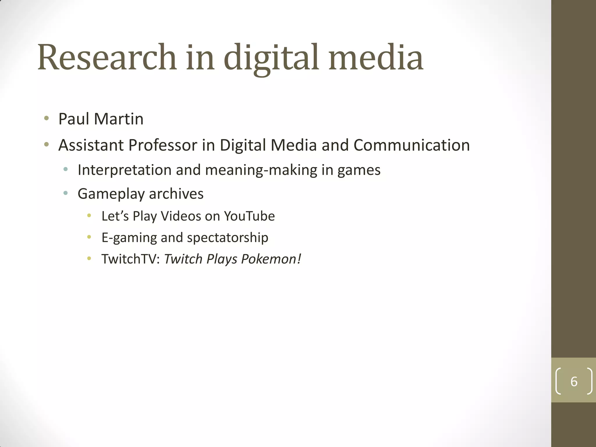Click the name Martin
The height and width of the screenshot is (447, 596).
[x=119, y=119]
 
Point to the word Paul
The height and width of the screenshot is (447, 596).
[x=74, y=119]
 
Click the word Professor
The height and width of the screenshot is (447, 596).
[x=163, y=145]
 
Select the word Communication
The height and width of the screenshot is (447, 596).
[x=411, y=145]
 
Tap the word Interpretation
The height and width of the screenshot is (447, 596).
[x=125, y=170]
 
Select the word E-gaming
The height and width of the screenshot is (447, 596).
[x=129, y=238]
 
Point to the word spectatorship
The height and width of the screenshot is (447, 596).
[x=228, y=238]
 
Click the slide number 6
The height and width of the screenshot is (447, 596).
[x=574, y=382]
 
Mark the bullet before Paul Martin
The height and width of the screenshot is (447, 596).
[x=46, y=118]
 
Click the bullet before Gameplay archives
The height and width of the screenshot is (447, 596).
[x=65, y=193]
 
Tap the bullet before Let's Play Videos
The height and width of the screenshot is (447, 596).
[x=89, y=216]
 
